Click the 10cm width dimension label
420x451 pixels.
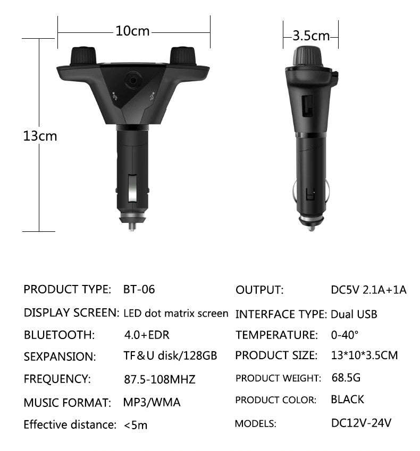coord(133,31)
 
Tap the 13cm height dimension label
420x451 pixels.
coord(40,136)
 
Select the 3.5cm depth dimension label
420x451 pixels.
coord(312,36)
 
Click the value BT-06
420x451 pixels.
coord(139,290)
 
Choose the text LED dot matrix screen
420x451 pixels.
coord(176,313)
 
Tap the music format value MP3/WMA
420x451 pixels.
coord(152,402)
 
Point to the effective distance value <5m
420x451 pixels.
coord(136,424)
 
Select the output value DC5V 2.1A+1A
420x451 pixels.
coord(368,290)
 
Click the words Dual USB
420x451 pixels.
coord(354,314)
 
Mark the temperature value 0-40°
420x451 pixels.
coord(345,335)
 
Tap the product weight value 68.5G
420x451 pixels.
coord(346,378)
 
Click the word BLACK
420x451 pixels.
coord(347,400)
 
